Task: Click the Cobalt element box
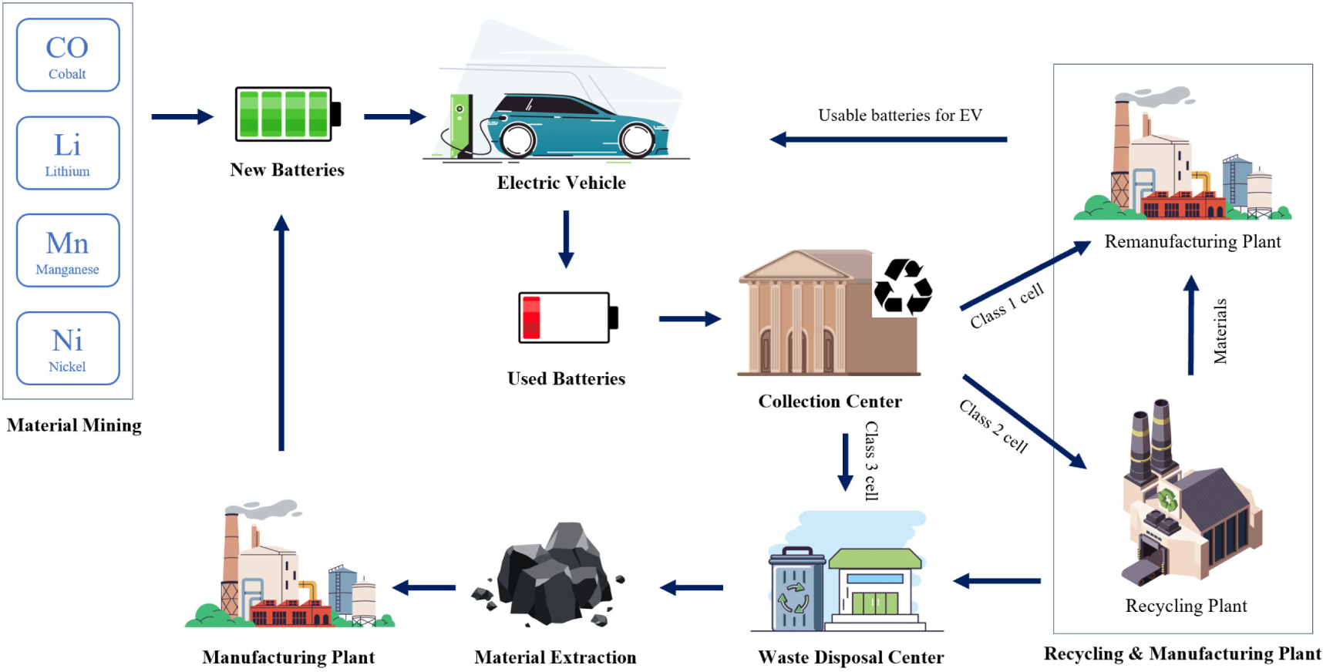[68, 55]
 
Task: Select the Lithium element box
[68, 153]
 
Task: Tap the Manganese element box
[68, 250]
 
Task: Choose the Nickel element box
[68, 348]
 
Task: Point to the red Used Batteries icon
[567, 318]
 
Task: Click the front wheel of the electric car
[638, 140]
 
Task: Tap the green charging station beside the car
[461, 125]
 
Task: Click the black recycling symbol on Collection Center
[903, 287]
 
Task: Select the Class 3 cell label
[871, 461]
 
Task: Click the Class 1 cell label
[1007, 306]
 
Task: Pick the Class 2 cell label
[993, 426]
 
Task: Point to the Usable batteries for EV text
[900, 116]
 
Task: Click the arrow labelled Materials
[1191, 325]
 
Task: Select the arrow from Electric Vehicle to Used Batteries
[566, 239]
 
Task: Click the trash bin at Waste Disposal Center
[796, 589]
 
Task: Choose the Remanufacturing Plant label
[1192, 242]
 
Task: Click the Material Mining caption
[74, 425]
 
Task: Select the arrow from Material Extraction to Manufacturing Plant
[424, 588]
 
